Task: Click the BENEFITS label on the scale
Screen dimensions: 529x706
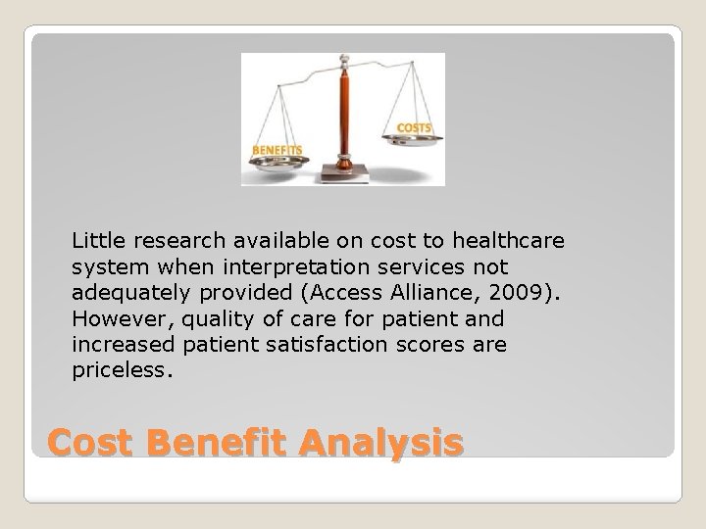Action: [277, 149]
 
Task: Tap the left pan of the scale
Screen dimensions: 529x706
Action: [281, 165]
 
